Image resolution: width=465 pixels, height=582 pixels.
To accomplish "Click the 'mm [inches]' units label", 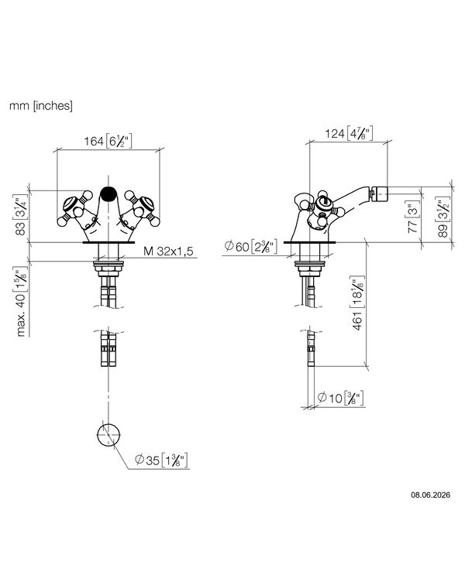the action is pyautogui.click(x=41, y=106).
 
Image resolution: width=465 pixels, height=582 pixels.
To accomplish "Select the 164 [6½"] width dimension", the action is pyautogui.click(x=108, y=141).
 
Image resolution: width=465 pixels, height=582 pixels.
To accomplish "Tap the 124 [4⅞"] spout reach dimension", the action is pyautogui.click(x=349, y=133).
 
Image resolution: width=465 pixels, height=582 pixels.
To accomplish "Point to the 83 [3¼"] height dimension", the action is pyautogui.click(x=21, y=216).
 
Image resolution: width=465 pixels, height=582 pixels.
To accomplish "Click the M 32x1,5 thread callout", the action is pyautogui.click(x=168, y=252).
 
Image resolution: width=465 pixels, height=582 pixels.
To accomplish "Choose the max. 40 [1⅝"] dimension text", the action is pyautogui.click(x=22, y=302).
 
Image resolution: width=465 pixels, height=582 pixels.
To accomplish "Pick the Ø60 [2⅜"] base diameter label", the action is pyautogui.click(x=251, y=245).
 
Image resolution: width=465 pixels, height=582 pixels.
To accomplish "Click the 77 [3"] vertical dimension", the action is pyautogui.click(x=413, y=217).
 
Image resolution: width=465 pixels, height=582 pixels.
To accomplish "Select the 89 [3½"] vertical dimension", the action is pyautogui.click(x=443, y=217).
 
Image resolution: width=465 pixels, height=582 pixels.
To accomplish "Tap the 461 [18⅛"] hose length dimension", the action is pyautogui.click(x=357, y=303).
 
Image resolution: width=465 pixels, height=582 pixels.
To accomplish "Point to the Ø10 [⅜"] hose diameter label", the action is pyautogui.click(x=340, y=398).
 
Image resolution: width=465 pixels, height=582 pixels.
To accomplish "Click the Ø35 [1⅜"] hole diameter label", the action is pyautogui.click(x=162, y=460).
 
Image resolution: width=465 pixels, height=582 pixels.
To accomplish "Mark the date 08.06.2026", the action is pyautogui.click(x=430, y=495).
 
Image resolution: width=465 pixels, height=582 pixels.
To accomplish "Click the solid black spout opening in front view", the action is pyautogui.click(x=109, y=193).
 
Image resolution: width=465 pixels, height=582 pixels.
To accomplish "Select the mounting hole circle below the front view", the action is pyautogui.click(x=109, y=434).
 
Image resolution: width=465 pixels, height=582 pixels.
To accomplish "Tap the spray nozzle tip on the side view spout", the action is pyautogui.click(x=379, y=193).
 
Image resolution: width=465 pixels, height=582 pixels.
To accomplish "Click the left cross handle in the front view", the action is pyautogui.click(x=74, y=208).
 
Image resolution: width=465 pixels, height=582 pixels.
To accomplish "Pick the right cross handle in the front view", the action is pyautogui.click(x=143, y=208).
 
